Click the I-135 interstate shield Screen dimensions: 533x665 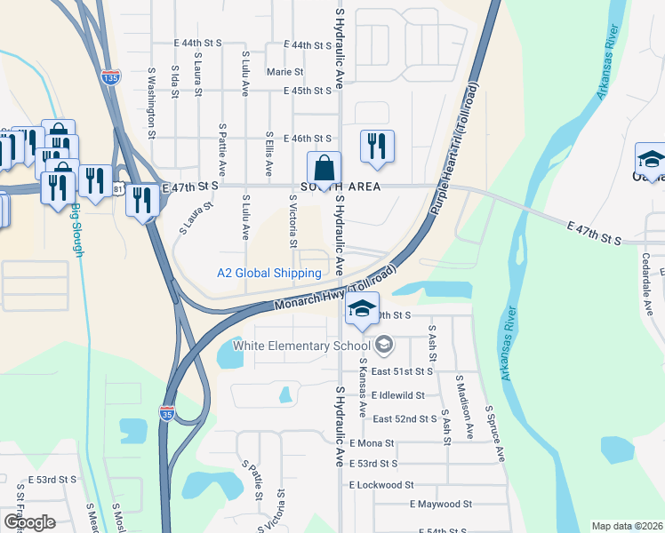click(110, 78)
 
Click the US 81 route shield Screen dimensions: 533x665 click(118, 189)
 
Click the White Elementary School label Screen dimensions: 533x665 click(301, 345)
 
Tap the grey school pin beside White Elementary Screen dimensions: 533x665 click(384, 344)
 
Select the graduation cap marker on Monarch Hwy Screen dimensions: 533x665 click(362, 310)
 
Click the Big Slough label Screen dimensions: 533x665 click(77, 231)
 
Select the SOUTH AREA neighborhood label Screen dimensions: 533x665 click(341, 187)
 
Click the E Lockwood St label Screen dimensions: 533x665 click(381, 485)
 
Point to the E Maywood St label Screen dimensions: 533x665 click(440, 504)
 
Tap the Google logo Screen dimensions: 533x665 click(29, 522)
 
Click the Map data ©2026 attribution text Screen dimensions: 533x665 click(627, 526)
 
